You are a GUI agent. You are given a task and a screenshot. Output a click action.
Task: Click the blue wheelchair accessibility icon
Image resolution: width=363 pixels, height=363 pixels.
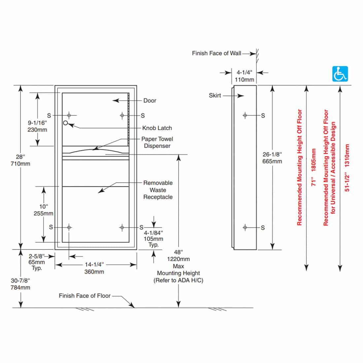pyautogui.click(x=340, y=74)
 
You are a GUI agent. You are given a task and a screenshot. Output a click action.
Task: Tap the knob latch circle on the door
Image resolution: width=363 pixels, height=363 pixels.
pyautogui.click(x=65, y=123)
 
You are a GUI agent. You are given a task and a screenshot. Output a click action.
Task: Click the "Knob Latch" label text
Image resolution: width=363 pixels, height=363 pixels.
pyautogui.click(x=157, y=128)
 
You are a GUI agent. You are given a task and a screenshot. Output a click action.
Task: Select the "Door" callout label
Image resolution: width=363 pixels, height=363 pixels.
pyautogui.click(x=149, y=101)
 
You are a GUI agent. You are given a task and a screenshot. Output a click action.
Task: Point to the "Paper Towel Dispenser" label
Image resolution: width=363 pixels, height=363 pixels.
pyautogui.click(x=157, y=143)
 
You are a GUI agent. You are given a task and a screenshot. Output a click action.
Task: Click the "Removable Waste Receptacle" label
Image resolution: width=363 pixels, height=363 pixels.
pyautogui.click(x=158, y=190)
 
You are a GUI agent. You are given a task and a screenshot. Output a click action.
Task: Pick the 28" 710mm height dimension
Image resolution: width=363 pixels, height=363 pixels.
pyautogui.click(x=20, y=160)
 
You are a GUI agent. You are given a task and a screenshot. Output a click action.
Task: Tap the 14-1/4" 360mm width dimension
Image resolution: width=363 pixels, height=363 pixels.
pyautogui.click(x=94, y=268)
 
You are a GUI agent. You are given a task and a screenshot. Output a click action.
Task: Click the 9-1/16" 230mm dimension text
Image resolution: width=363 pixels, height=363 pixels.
pyautogui.click(x=37, y=126)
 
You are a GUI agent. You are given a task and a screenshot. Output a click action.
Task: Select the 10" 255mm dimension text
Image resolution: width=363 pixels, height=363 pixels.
pyautogui.click(x=43, y=210)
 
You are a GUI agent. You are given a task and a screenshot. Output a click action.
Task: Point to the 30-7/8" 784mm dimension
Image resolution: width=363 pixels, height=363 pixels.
pyautogui.click(x=20, y=284)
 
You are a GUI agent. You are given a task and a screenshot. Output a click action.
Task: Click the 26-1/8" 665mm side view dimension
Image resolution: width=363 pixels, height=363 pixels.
pyautogui.click(x=272, y=158)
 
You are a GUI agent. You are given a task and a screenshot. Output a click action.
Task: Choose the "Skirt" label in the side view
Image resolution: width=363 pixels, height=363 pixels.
pyautogui.click(x=215, y=95)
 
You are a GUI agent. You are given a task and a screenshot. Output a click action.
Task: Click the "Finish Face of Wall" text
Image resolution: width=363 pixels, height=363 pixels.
pyautogui.click(x=216, y=53)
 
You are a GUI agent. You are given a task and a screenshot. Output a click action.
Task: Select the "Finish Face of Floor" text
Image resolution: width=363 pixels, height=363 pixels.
pyautogui.click(x=84, y=296)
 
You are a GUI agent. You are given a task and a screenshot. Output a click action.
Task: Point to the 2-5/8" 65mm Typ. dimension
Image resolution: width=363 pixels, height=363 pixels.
pyautogui.click(x=37, y=262)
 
